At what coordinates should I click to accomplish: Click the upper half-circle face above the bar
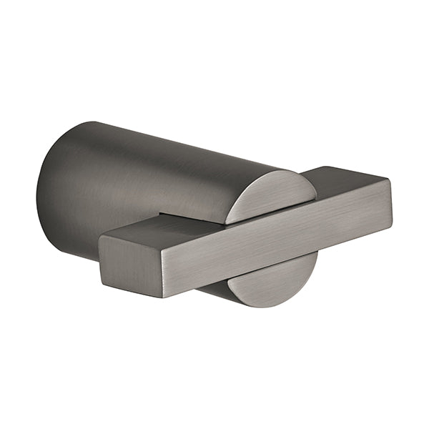tap(272, 194)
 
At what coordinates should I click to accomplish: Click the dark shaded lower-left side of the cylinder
tap(64, 229)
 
